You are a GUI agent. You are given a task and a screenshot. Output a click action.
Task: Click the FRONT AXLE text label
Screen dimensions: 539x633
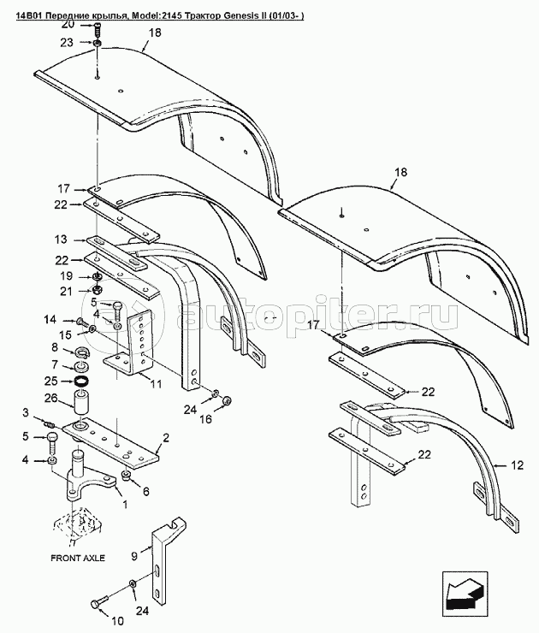tap(78, 558)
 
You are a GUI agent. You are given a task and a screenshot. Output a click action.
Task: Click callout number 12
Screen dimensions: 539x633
tap(517, 465)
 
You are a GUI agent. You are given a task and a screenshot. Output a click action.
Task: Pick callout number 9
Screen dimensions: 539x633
tap(134, 556)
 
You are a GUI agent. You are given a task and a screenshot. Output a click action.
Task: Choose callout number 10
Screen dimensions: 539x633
tap(117, 620)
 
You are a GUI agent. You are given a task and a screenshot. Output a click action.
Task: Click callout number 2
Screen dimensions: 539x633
tap(165, 437)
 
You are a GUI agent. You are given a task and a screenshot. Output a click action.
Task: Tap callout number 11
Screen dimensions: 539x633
tap(156, 383)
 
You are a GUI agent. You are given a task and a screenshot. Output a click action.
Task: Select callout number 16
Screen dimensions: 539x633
tap(205, 418)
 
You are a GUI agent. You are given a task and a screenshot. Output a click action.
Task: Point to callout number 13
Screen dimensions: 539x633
tap(61, 240)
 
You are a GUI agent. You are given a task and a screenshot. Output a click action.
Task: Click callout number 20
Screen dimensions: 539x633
tap(68, 24)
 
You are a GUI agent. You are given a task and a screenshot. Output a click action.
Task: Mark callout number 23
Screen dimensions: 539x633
tap(67, 42)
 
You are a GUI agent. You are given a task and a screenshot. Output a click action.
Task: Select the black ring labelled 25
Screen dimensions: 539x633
tap(81, 381)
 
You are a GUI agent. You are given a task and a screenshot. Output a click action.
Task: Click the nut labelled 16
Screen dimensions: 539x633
tap(227, 400)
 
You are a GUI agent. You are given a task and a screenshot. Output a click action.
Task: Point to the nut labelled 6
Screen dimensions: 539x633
tap(126, 476)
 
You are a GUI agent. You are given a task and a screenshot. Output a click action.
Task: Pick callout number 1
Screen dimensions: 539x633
tap(124, 504)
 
